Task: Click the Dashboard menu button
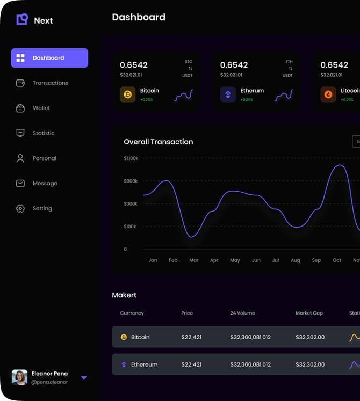tap(49, 58)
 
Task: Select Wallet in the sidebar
tap(41, 108)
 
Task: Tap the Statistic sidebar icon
tap(20, 133)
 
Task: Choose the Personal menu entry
tap(44, 158)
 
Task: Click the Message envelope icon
tap(20, 183)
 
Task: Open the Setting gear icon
tap(20, 208)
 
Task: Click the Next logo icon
tap(22, 20)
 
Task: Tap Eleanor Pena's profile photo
tap(20, 377)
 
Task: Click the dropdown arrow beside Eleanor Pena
tap(84, 378)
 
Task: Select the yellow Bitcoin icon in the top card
tap(128, 95)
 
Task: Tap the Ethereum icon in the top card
tap(228, 95)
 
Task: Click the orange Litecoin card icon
tap(328, 95)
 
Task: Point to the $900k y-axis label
tap(131, 181)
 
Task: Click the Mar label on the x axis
tap(193, 260)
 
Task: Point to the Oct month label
tap(337, 260)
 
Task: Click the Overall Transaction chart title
tap(158, 142)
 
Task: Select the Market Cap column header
tap(309, 313)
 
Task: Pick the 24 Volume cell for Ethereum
tap(250, 364)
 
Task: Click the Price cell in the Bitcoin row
tap(191, 337)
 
